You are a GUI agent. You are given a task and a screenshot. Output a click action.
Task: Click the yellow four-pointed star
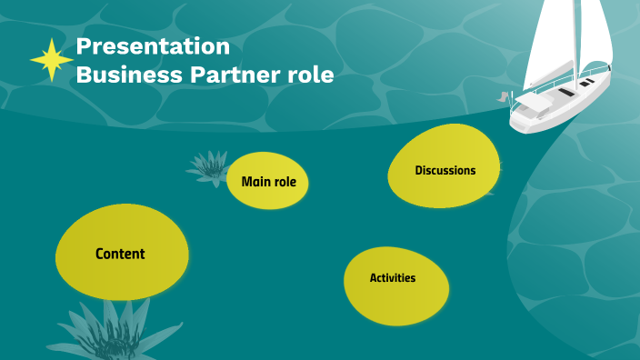[51, 60]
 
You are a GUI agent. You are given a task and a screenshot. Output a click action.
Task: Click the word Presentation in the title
[153, 45]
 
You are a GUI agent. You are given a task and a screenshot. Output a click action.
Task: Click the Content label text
[120, 254]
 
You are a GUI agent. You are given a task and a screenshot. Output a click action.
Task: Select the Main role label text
[268, 182]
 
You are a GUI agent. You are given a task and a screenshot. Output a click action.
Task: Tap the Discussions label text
[445, 170]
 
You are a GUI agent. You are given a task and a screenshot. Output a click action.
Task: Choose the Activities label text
[393, 277]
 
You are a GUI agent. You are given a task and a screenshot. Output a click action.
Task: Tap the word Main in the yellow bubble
[254, 182]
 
